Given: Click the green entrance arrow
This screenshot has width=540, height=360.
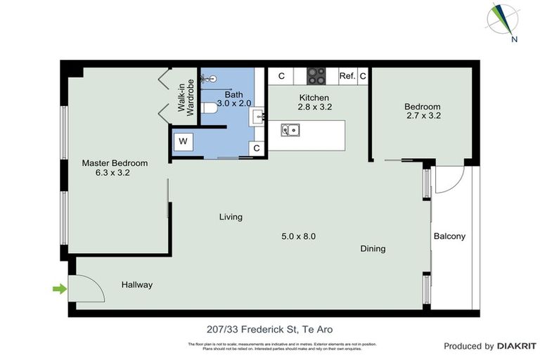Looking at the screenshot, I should [59, 288].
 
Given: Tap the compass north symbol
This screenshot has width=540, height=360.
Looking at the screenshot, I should [504, 21].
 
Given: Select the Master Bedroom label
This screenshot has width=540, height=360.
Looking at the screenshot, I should [115, 163].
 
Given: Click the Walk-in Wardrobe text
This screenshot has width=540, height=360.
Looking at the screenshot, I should [185, 97].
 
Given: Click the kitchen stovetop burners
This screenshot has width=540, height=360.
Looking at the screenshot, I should [316, 75].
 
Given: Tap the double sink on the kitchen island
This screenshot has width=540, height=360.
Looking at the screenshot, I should [289, 129].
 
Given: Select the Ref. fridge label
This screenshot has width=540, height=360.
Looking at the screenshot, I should [347, 76].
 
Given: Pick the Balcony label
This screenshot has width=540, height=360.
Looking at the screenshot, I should [449, 236].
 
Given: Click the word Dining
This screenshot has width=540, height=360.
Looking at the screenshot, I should [373, 248].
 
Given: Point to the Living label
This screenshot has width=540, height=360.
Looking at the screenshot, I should [231, 217].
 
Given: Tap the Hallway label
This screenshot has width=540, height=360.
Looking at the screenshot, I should [137, 285].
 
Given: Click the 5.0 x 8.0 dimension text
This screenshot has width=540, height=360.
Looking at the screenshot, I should [298, 236].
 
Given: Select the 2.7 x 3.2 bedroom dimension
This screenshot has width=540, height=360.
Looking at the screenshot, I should [422, 116].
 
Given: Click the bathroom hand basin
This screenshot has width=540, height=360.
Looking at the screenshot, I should [257, 117].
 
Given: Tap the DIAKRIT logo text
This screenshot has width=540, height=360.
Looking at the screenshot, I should [517, 346].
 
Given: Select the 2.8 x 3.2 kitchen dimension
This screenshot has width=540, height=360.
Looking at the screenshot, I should [314, 107].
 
